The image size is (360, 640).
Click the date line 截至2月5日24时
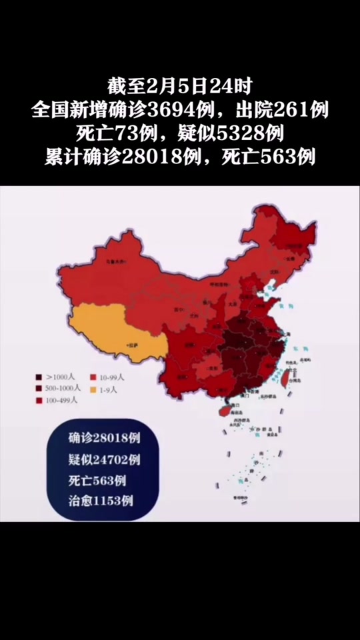[x=180, y=85]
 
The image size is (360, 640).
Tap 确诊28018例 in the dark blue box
[x=103, y=439]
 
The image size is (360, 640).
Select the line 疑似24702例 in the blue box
[x=103, y=459]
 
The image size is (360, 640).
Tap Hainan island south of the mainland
[x=219, y=406]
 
